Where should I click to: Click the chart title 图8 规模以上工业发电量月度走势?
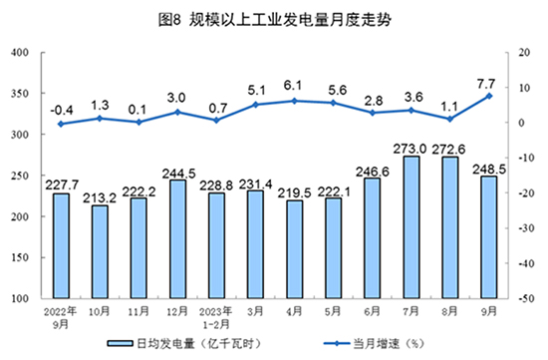coord(274,17)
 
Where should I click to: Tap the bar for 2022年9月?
coord(62,245)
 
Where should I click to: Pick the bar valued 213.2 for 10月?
coord(100,251)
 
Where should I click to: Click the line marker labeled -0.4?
coord(62,124)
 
